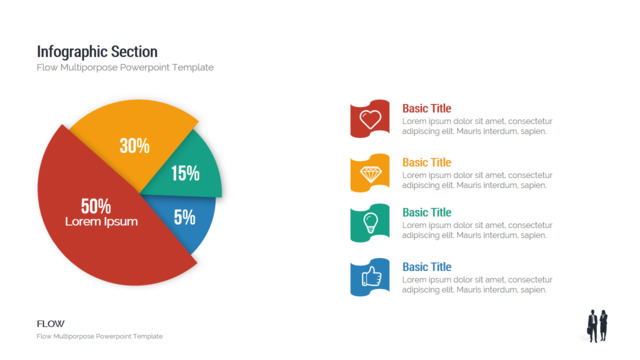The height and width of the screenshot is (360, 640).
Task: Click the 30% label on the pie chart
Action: click(x=135, y=146)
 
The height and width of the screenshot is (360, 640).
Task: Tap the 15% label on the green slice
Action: click(x=185, y=173)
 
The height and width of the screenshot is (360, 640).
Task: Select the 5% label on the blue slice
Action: click(x=184, y=217)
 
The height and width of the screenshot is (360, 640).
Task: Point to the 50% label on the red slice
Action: click(x=96, y=206)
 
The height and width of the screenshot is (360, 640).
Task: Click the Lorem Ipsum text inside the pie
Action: click(x=101, y=222)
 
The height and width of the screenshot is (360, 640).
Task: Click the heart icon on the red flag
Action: click(x=370, y=119)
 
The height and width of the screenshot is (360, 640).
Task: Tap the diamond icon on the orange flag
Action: click(x=371, y=174)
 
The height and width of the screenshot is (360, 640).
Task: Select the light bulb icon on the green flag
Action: click(x=370, y=223)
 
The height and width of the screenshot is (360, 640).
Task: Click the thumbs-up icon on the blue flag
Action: click(x=371, y=277)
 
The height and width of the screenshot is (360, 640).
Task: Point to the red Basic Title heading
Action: click(x=427, y=108)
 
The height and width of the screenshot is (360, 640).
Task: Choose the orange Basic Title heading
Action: click(x=427, y=162)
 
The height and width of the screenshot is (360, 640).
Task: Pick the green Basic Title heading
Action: click(x=427, y=212)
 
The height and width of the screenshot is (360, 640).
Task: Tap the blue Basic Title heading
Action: click(x=427, y=267)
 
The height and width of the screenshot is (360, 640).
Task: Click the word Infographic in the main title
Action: click(x=72, y=52)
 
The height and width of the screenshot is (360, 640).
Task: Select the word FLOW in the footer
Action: click(x=51, y=324)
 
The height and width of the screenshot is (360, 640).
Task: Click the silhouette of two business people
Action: click(x=598, y=326)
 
